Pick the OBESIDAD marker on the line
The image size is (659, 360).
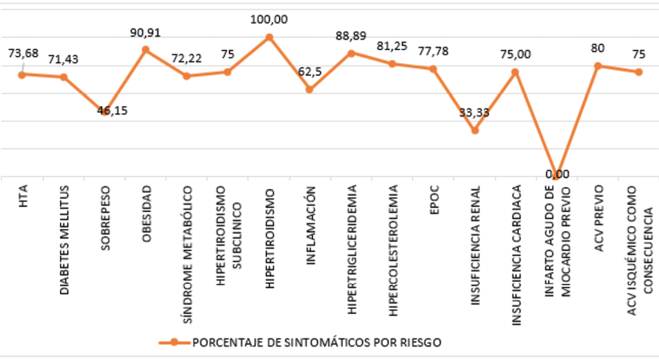(146, 50)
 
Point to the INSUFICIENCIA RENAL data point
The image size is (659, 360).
(475, 130)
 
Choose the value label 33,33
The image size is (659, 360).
(474, 112)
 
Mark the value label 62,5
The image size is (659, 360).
(310, 71)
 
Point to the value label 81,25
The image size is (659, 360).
(392, 47)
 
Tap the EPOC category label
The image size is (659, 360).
(433, 200)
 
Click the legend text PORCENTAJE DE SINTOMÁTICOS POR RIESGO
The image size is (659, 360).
(317, 343)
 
